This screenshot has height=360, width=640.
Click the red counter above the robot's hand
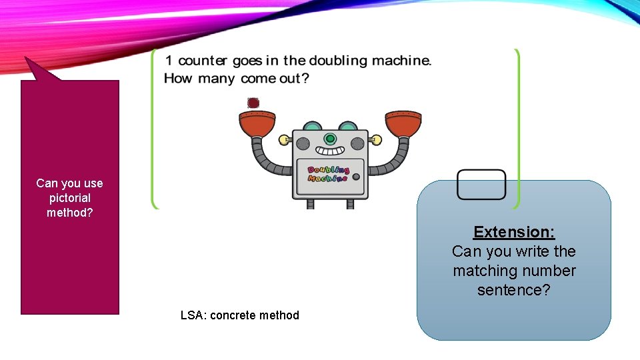[x=253, y=103]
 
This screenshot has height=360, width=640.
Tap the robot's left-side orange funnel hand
[x=257, y=123]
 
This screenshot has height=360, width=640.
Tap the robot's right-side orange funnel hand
[x=403, y=123]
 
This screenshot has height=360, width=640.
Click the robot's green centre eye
[x=330, y=139]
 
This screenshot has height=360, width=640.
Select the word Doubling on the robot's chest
[x=329, y=171]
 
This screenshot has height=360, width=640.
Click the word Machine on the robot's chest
[x=327, y=178]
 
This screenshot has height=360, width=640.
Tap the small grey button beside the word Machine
[x=356, y=177]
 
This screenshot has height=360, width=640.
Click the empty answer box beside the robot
[x=481, y=184]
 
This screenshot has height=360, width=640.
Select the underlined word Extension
[x=514, y=232]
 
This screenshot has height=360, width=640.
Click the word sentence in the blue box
[x=514, y=290]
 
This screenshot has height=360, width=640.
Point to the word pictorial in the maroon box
[x=69, y=198]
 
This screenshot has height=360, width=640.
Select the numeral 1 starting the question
[x=169, y=61]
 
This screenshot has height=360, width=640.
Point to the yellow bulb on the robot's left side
[x=284, y=140]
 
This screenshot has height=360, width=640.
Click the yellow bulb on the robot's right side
[x=376, y=140]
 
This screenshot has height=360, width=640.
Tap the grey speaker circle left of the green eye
[x=303, y=143]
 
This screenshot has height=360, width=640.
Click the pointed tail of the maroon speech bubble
[x=37, y=67]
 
